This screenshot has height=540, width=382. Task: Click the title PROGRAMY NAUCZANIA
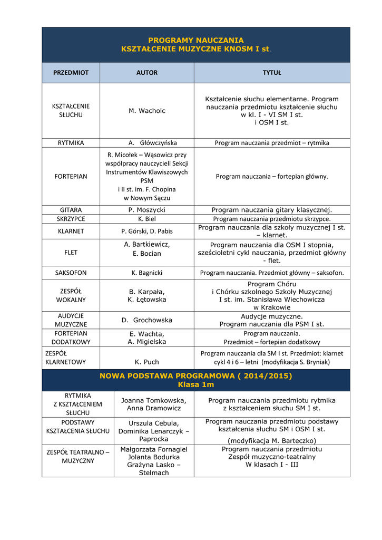coord(195,40)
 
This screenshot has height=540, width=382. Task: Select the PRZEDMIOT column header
coord(71,73)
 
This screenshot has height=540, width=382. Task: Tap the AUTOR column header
coord(147,73)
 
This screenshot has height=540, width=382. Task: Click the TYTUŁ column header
coord(272,73)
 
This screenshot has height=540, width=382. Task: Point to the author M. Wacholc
coord(147,111)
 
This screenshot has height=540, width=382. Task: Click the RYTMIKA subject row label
coord(71,143)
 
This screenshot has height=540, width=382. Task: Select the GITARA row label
coord(71,209)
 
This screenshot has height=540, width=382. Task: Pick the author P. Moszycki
coord(147,209)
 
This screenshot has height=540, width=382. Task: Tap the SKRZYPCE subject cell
coord(71,218)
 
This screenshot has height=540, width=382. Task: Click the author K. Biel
coord(147,218)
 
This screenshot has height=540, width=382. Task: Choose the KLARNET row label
coord(71,231)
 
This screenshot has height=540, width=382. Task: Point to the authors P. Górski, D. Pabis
coord(147,231)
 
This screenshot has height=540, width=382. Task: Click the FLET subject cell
coord(71,253)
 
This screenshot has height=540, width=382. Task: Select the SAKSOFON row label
coord(71,273)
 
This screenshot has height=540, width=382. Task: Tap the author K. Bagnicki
coord(147,273)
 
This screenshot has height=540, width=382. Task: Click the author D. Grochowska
coord(147,320)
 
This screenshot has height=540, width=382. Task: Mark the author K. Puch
coord(147,362)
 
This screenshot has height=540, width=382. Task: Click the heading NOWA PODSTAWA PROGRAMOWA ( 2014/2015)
coord(195,376)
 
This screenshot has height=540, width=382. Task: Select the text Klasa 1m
coord(195,384)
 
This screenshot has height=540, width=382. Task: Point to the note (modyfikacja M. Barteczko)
coord(272,440)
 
